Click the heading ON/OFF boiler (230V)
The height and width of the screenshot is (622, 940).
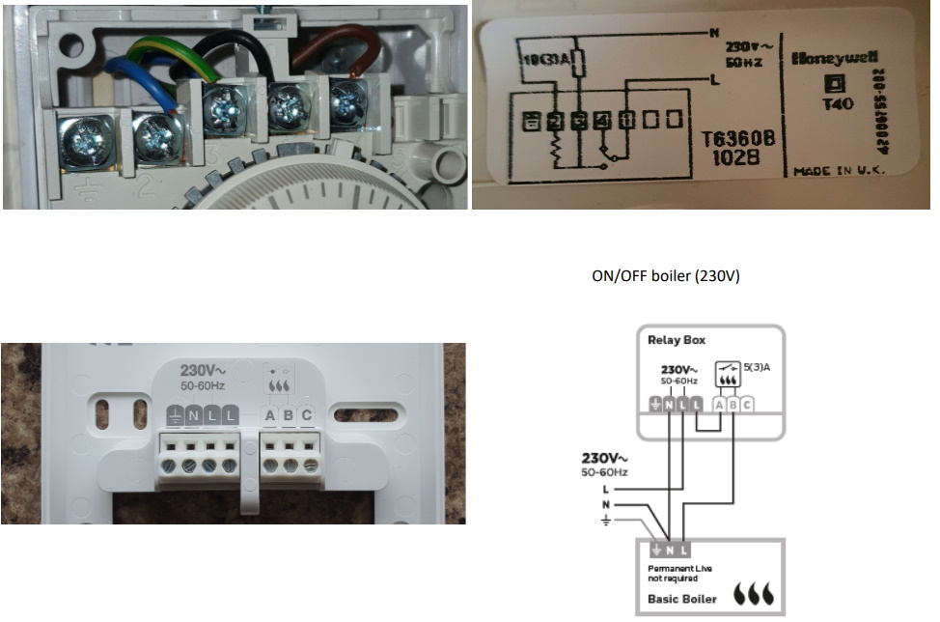point(665,276)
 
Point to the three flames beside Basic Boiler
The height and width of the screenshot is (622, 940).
point(754,593)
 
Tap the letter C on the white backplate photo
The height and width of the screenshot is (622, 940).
point(307,416)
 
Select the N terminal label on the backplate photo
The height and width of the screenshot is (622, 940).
point(193,416)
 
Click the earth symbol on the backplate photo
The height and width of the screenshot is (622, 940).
point(175,416)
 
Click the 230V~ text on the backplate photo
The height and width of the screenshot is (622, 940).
point(205,370)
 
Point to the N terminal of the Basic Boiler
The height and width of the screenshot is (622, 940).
point(671,551)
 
